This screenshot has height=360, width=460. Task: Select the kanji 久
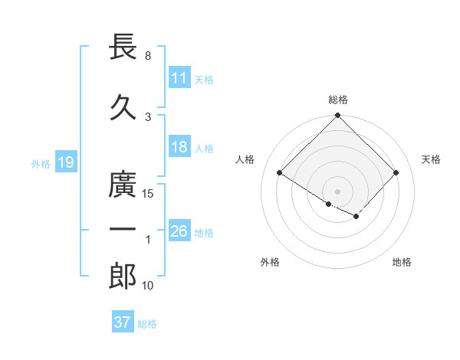123,106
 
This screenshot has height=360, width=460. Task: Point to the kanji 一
123,231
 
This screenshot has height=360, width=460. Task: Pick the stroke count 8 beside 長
148,56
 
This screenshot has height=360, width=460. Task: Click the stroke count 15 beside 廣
149,194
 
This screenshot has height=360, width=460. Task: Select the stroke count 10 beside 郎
149,286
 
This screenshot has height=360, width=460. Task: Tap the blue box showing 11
179,78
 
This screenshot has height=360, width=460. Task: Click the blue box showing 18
179,148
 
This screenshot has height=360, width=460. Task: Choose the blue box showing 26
179,231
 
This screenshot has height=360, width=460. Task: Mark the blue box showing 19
65,162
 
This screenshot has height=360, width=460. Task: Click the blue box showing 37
122,322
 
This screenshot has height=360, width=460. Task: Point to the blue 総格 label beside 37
147,324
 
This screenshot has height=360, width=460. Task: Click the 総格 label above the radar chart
337,100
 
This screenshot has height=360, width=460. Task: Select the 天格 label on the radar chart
432,159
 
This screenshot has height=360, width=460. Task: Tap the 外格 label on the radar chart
270,262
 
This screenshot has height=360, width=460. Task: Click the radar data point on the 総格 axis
337,116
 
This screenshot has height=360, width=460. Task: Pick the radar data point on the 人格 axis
280,173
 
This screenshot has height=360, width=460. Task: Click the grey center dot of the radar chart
337,191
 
